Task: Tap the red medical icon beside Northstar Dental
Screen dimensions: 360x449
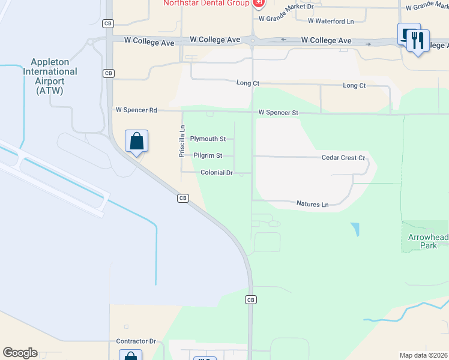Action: [x=259, y=3]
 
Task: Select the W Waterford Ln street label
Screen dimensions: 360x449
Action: [x=331, y=21]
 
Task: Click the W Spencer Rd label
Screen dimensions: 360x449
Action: [x=136, y=110]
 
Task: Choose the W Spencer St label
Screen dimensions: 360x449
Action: [x=279, y=112]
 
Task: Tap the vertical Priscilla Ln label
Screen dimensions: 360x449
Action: [x=182, y=142]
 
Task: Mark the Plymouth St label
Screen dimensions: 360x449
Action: [x=208, y=139]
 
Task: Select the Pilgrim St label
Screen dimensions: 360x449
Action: [x=208, y=155]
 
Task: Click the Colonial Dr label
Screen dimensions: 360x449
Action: [x=217, y=173]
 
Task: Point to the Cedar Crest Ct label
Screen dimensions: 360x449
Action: [x=343, y=158]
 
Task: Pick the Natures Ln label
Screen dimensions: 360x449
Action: [x=313, y=205]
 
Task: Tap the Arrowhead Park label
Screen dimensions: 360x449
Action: [x=428, y=242]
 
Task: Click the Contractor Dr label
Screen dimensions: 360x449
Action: [x=136, y=341]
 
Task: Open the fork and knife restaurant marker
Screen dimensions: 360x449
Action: [x=418, y=40]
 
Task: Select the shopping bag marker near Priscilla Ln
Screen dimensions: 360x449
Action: [x=137, y=142]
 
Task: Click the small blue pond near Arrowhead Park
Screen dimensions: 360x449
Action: [x=355, y=229]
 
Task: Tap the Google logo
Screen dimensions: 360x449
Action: [x=20, y=353]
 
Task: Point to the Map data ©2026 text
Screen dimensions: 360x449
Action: [x=424, y=355]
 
